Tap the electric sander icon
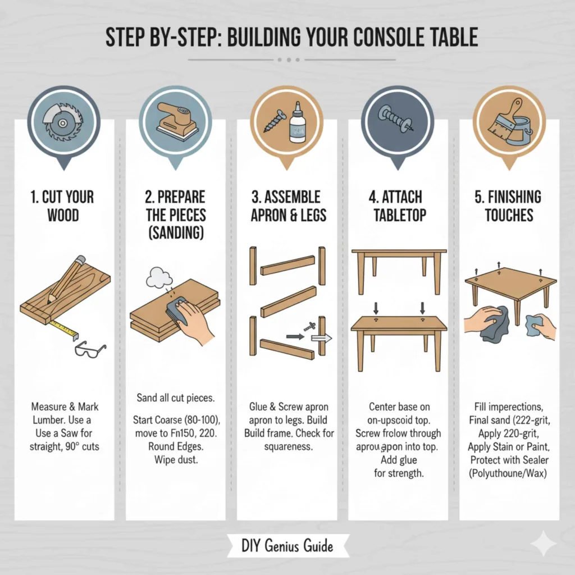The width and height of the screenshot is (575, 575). [175, 119]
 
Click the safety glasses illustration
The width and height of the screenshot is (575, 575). [89, 349]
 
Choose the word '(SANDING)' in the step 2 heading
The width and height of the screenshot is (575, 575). [175, 233]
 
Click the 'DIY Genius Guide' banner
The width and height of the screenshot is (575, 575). [287, 545]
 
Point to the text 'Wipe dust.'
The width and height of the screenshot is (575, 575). [175, 460]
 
